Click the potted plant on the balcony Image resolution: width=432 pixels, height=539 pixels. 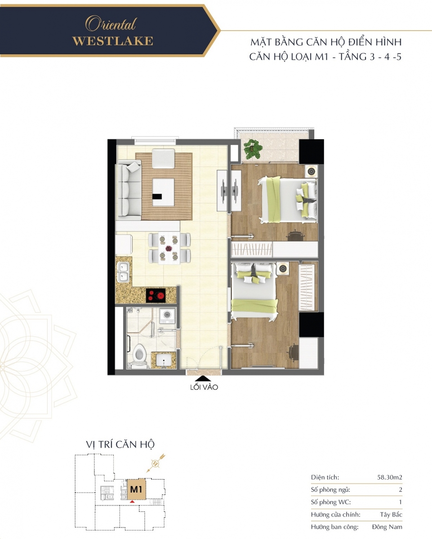pyautogui.click(x=253, y=149)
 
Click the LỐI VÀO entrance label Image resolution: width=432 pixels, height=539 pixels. pyautogui.click(x=204, y=387)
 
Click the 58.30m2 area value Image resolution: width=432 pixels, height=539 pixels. pyautogui.click(x=390, y=477)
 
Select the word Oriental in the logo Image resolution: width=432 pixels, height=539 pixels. pyautogui.click(x=111, y=25)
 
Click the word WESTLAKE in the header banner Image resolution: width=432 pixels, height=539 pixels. pyautogui.click(x=112, y=41)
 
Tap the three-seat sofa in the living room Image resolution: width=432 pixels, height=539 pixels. pyautogui.click(x=129, y=190)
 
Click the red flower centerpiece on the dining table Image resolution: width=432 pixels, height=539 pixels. pyautogui.click(x=169, y=248)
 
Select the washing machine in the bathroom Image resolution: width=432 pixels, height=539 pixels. pyautogui.click(x=167, y=316)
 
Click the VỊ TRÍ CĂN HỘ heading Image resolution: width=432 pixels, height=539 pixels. pyautogui.click(x=120, y=445)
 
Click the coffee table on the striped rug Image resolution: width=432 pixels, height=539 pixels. pyautogui.click(x=163, y=192)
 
